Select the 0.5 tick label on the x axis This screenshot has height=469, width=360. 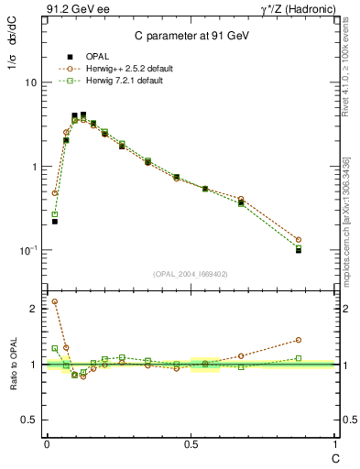(x=191, y=443)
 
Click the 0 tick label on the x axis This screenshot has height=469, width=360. (x=47, y=443)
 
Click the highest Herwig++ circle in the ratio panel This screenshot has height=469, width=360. (x=55, y=301)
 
